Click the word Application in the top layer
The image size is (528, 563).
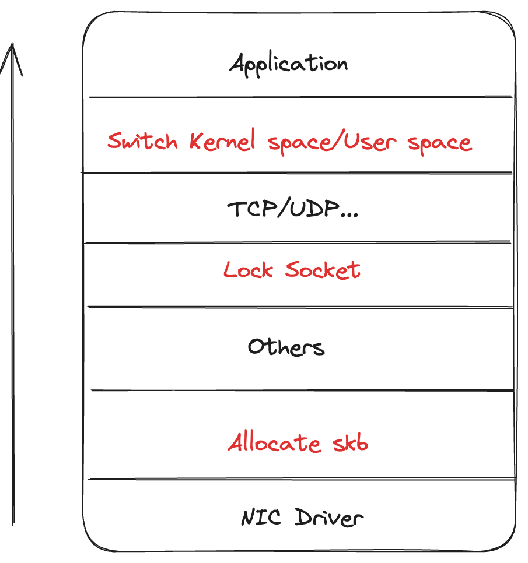point(288,63)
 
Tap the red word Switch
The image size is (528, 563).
point(142,141)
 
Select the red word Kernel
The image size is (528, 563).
point(222,142)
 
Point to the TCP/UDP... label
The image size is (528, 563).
point(292,209)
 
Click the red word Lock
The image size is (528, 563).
point(248,270)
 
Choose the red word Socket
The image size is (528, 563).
point(323,270)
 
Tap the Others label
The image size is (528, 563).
point(286,347)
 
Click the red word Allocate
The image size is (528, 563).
point(274,443)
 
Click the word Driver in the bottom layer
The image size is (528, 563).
point(328,518)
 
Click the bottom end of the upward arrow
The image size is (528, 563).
point(12,522)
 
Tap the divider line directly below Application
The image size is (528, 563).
point(300,97)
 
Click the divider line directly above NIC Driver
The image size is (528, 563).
point(301,480)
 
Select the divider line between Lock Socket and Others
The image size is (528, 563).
point(300,307)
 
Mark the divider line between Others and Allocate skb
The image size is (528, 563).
point(300,390)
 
